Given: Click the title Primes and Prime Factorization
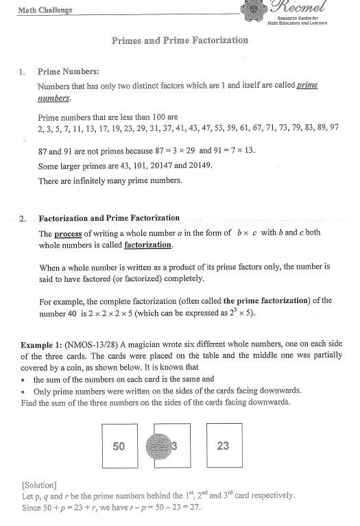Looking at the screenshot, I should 180,40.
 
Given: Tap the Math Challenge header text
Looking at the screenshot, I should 45,10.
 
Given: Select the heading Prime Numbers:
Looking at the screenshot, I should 69,71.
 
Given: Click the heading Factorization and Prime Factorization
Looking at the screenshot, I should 109,218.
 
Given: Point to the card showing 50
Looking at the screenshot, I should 119,446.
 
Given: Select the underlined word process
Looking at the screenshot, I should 68,233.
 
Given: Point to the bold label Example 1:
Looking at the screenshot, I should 42,344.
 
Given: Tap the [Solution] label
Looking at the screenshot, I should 39,485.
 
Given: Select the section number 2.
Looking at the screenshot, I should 23,219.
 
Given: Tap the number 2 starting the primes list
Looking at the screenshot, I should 40,128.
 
